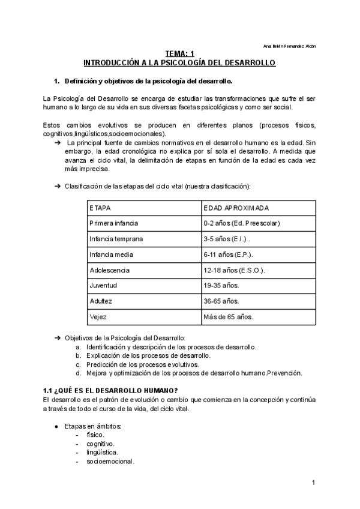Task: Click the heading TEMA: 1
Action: point(179,54)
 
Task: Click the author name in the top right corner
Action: point(290,46)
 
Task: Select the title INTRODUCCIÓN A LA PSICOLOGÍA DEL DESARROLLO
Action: point(179,62)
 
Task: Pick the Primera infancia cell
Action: point(113,223)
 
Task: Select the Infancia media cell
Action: point(109,254)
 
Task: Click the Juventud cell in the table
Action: point(103,286)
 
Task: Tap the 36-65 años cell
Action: point(221,301)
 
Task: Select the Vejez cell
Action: point(98,317)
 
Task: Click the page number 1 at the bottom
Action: point(314,483)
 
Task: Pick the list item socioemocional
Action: point(110,462)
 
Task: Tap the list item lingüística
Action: point(103,453)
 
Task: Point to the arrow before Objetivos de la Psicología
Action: point(58,339)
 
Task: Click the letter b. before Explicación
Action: point(78,355)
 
